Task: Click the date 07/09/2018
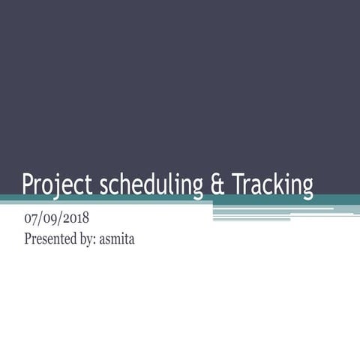coord(57,220)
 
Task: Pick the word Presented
coord(52,240)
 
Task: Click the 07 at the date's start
coord(31,220)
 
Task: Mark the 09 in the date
coord(49,220)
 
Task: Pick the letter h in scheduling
coord(126,184)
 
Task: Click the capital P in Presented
coord(28,240)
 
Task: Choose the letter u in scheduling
coord(160,185)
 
